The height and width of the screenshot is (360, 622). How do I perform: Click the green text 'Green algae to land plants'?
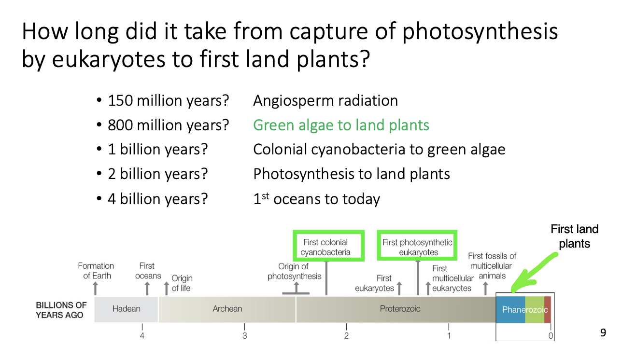[341, 125]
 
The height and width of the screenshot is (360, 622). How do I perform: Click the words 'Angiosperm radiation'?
[325, 100]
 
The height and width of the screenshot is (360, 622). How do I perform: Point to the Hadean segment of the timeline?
[126, 309]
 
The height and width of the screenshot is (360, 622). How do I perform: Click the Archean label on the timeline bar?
[227, 309]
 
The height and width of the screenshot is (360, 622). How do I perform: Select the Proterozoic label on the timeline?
[400, 309]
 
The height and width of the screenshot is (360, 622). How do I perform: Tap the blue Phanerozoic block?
[510, 309]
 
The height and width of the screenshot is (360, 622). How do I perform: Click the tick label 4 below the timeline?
[142, 336]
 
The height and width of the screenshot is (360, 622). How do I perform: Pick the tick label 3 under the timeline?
[244, 336]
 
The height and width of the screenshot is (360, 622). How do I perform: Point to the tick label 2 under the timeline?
[346, 336]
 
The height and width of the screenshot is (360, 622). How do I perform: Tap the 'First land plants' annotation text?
[574, 236]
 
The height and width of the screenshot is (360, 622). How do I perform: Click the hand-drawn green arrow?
[534, 273]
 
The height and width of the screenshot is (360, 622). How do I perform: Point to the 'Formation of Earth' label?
[96, 271]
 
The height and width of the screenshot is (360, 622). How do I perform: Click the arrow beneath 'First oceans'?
[147, 288]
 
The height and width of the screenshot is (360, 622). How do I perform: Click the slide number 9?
[603, 332]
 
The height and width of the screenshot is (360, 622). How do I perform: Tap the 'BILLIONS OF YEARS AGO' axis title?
[61, 310]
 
